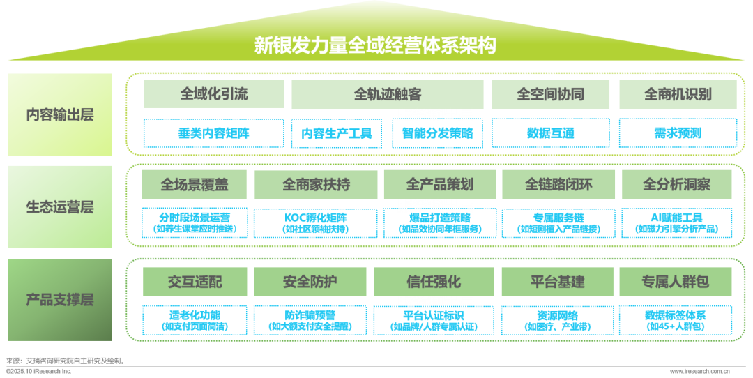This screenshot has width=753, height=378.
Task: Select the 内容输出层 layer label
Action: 60,114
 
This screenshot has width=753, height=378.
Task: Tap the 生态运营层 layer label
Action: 60,207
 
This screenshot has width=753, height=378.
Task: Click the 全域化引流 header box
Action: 214,94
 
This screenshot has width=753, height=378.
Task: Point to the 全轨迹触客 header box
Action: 387,94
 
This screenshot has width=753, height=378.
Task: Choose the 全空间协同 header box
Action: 550,94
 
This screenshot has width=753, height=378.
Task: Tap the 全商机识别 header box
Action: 678,94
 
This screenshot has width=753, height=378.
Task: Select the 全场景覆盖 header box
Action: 195,185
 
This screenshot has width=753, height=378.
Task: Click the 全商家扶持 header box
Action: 316,185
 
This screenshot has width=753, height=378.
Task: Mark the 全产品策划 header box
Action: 439,185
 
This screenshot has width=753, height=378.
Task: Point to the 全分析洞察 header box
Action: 676,185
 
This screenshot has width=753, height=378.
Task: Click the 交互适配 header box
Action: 195,282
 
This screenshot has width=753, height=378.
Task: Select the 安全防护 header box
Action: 310,282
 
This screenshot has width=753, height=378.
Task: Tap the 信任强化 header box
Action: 434,282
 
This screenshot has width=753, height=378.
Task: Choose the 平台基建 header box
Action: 558,282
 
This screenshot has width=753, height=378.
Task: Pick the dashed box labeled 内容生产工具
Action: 337,133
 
